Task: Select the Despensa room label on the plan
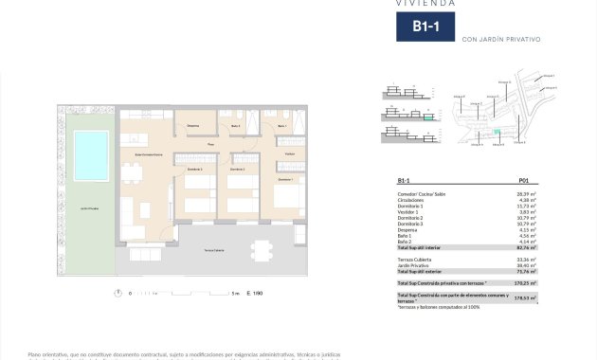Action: tap(192, 126)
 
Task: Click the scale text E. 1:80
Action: tap(254, 294)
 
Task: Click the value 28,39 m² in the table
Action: tap(527, 192)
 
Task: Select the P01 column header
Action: tap(524, 180)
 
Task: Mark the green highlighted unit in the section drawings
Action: tap(428, 118)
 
